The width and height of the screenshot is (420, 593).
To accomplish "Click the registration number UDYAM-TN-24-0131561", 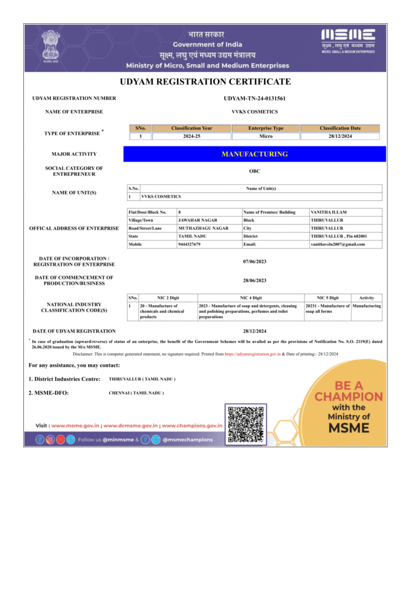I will [x=255, y=98].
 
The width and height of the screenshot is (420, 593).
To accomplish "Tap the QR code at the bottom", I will [x=246, y=424].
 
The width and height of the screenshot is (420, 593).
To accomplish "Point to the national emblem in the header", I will [x=50, y=46].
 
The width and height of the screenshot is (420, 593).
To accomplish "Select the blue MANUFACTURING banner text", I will [x=255, y=154].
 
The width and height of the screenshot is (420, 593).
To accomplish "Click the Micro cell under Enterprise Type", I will [x=266, y=136].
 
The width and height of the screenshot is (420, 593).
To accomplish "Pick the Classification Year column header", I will [x=191, y=128].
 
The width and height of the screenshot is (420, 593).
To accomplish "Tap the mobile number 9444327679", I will [x=189, y=244].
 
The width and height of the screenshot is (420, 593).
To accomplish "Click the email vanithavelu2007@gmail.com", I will [x=338, y=244].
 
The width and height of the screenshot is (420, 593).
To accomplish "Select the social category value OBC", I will [x=255, y=171].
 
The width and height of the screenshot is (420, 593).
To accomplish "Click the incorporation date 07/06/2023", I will [x=255, y=262].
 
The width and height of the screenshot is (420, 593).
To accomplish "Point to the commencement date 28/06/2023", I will [x=255, y=280].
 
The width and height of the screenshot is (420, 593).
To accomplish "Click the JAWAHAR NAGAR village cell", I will [x=197, y=221].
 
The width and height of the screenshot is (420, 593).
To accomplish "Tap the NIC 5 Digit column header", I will [x=327, y=298].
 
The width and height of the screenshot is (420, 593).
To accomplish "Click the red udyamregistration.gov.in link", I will [x=252, y=353].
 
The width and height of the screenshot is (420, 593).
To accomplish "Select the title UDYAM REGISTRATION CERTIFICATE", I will [x=205, y=82].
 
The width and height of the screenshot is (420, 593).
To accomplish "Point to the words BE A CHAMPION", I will [x=349, y=391].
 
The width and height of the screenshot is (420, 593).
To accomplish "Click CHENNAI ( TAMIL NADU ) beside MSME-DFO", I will [x=136, y=393].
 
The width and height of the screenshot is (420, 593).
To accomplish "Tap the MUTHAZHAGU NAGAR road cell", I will [x=202, y=228].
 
